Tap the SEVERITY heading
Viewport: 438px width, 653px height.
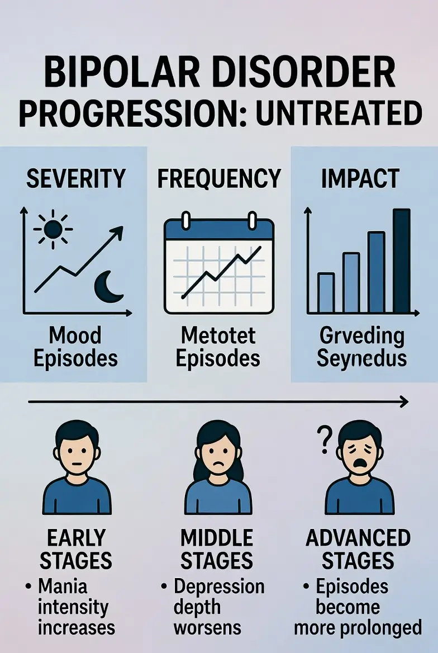tap(75, 179)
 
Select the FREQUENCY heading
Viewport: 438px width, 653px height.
tap(218, 179)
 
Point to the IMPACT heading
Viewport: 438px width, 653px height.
tap(360, 179)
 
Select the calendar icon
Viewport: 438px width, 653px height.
tap(218, 266)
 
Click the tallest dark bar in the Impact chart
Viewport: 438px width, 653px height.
tap(401, 261)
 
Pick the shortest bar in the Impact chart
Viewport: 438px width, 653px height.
tap(326, 292)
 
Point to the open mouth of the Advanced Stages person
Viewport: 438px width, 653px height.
tap(360, 466)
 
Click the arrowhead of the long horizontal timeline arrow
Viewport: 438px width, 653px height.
tap(403, 401)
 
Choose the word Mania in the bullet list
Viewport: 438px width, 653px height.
tap(64, 587)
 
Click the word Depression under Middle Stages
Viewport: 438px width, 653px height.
tap(219, 587)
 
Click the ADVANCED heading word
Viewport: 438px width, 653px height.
tap(358, 538)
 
